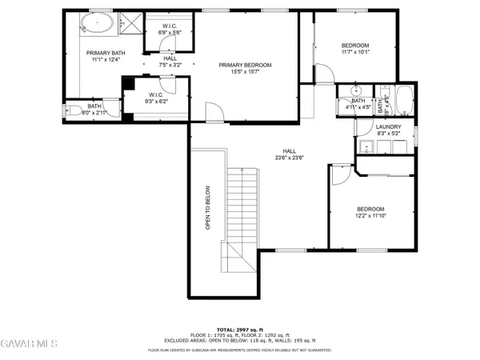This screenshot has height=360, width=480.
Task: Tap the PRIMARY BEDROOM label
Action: [246, 65]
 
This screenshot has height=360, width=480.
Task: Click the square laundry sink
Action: [367, 146]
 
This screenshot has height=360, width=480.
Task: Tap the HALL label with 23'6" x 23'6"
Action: [289, 151]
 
